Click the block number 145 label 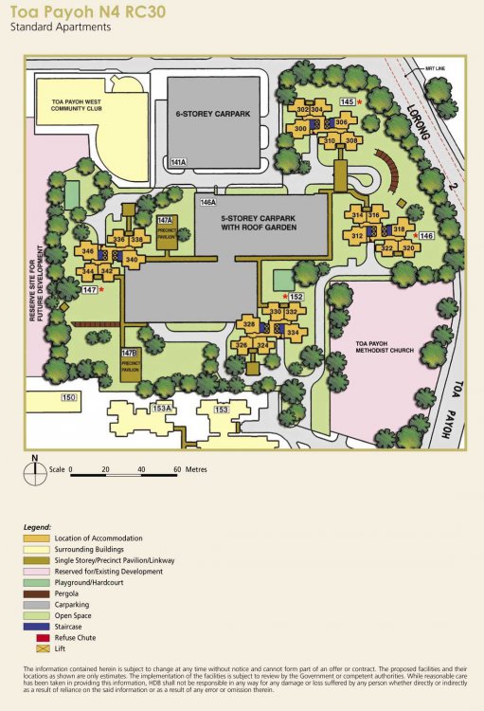[348, 101]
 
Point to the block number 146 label [426, 235]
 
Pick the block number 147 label [90, 289]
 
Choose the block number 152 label [296, 297]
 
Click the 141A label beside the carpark [178, 163]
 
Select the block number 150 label [67, 397]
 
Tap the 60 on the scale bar [176, 469]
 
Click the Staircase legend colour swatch [34, 625]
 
